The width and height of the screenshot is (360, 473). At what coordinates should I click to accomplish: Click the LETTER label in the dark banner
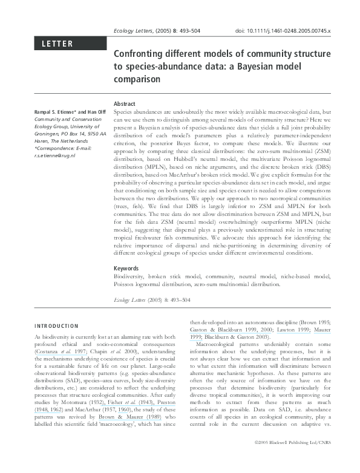[57, 44]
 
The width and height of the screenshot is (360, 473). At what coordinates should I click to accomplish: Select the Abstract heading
[125, 104]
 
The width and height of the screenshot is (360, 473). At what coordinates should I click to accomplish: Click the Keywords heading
[128, 268]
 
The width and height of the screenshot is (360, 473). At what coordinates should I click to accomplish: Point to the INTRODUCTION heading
[56, 325]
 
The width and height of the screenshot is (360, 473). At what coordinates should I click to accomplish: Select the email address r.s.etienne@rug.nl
[54, 155]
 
